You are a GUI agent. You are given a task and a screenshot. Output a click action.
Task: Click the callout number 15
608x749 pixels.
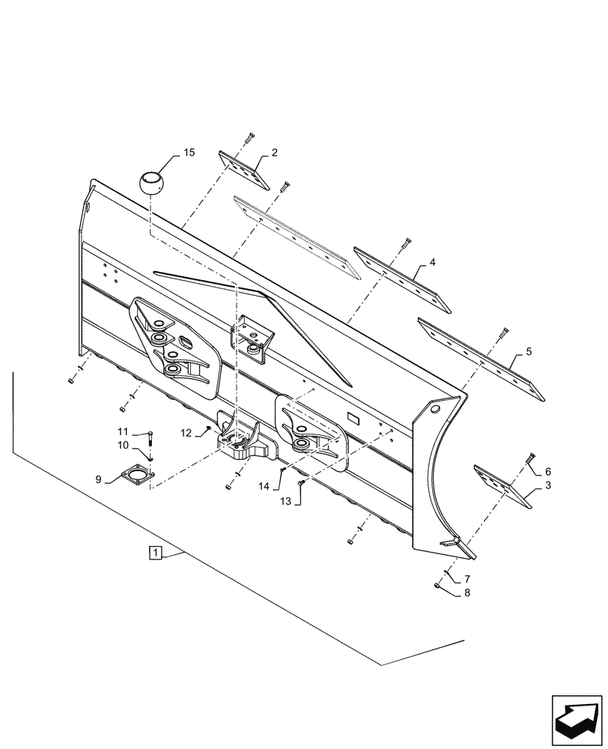coord(188,152)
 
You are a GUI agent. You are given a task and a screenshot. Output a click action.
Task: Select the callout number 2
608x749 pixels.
coord(275,153)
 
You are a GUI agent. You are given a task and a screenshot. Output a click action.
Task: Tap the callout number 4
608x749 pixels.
coord(432,263)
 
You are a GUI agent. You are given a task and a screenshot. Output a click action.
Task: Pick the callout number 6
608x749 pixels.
coord(467,578)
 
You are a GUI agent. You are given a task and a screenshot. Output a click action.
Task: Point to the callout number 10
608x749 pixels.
coord(186,431)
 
